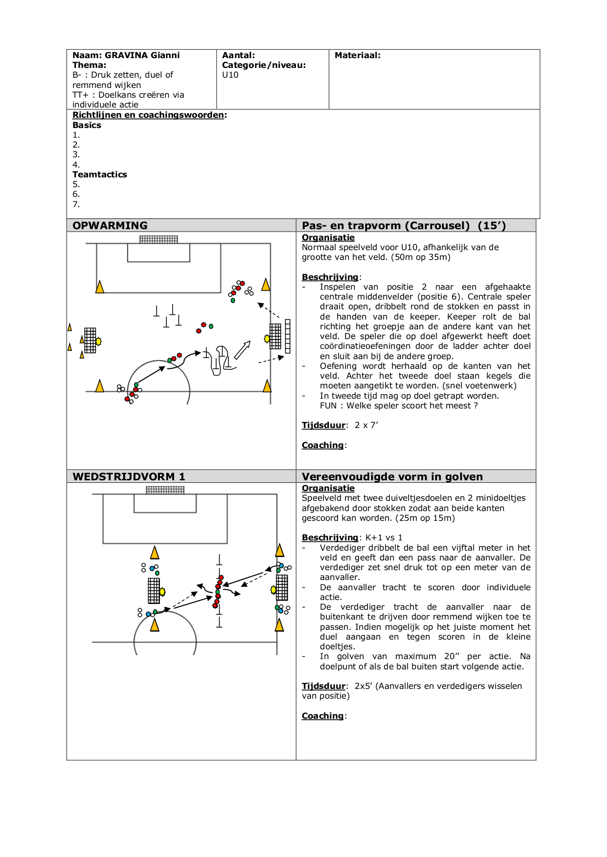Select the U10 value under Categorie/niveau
230,75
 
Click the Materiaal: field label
357,55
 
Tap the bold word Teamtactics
100,174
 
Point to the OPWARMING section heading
110,225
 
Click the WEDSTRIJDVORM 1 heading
129,476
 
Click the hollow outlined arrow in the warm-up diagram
242,350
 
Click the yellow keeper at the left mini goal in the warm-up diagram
98,342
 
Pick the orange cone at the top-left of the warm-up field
100,287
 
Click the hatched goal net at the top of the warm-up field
158,239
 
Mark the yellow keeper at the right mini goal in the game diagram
273,590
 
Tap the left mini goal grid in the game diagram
154,591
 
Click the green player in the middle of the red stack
218,592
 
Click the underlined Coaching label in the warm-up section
323,445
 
